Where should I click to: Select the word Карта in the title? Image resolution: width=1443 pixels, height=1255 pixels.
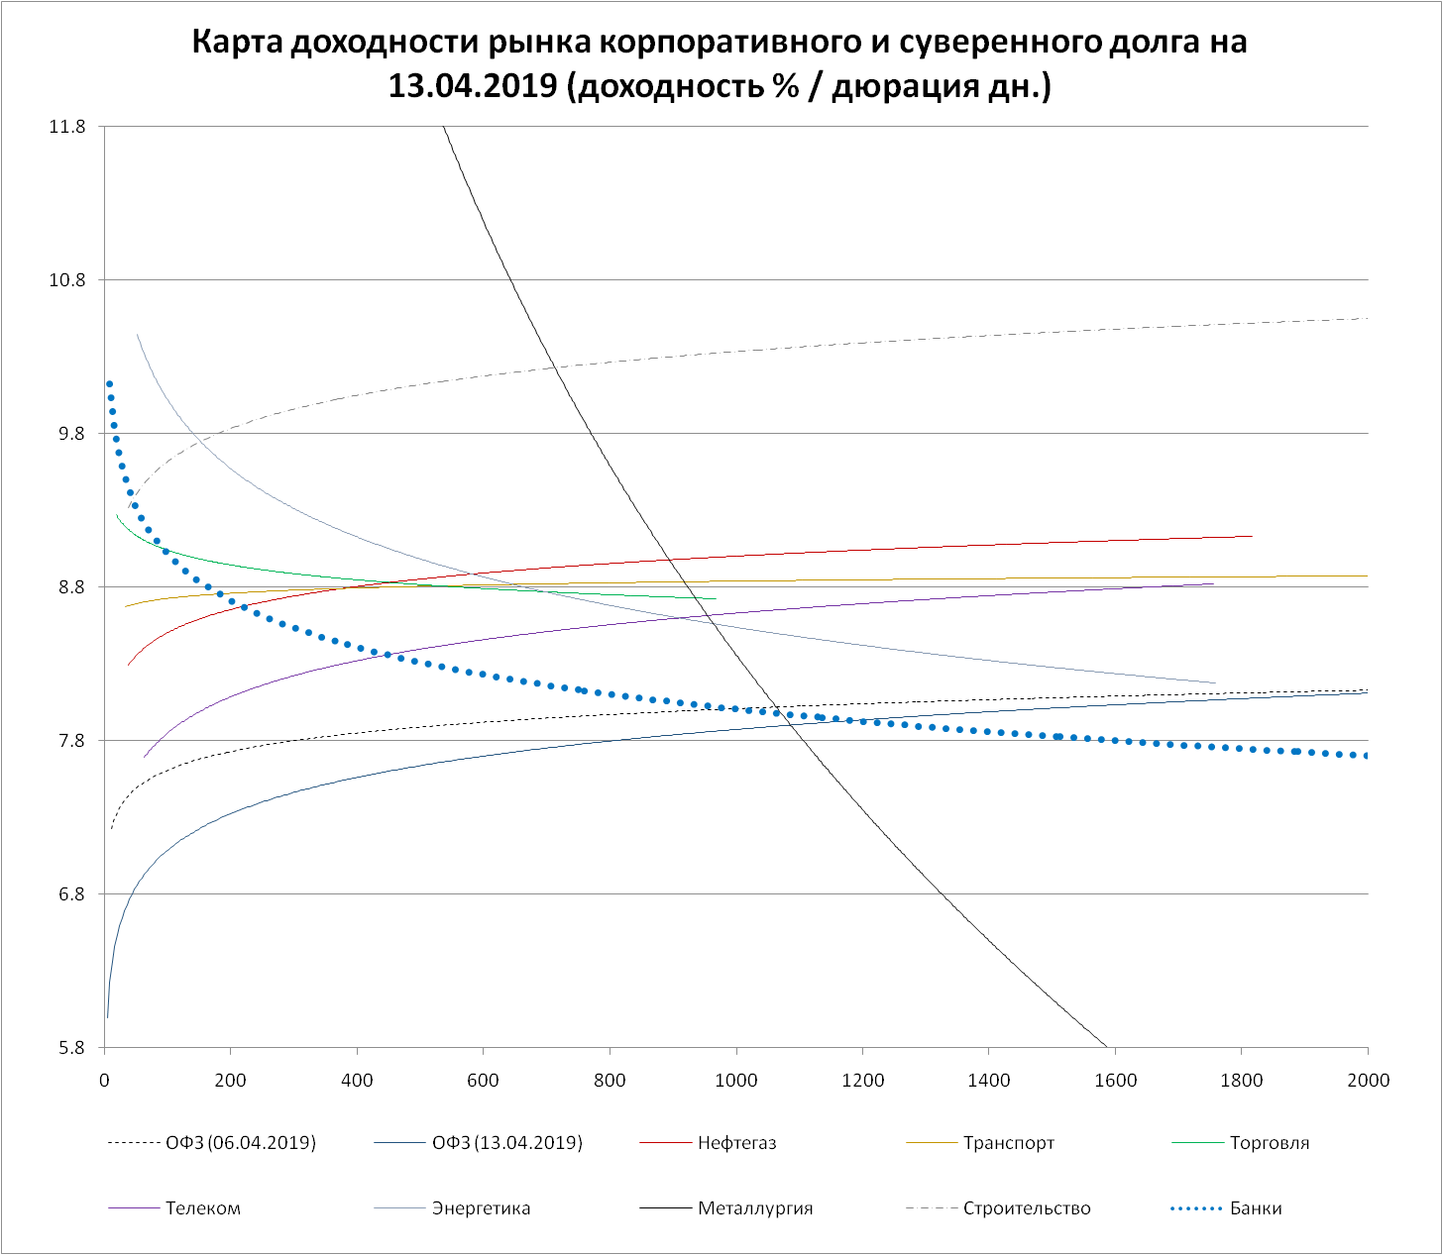[238, 43]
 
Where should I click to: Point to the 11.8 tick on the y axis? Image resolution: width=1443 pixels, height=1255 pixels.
[66, 127]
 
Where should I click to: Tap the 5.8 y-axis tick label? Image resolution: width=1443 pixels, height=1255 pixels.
[70, 1048]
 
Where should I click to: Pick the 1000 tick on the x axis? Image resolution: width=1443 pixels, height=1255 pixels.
[736, 1080]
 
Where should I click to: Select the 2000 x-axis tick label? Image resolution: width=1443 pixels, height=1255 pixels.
[1368, 1080]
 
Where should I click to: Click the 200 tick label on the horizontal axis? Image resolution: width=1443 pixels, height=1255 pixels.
[230, 1080]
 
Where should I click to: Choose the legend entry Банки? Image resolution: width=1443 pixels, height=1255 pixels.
[1256, 1208]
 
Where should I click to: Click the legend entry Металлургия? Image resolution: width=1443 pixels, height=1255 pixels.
[755, 1208]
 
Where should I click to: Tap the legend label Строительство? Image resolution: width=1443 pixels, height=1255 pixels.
[1027, 1208]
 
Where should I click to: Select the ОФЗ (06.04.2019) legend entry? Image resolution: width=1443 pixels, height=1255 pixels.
[241, 1143]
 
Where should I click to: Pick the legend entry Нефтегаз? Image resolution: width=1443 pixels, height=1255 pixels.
[736, 1143]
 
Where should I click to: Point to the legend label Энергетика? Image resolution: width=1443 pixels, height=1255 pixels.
[481, 1208]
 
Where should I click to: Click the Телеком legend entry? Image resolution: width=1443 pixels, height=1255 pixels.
[202, 1208]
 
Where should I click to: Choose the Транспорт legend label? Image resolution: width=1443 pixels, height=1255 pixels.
[1009, 1143]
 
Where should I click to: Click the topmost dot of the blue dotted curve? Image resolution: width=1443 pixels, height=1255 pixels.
[109, 384]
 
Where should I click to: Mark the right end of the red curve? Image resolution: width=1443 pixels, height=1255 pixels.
[1252, 536]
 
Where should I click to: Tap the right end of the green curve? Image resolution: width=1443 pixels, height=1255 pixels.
[715, 598]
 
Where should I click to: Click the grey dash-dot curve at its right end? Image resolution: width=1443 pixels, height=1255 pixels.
[1366, 318]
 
